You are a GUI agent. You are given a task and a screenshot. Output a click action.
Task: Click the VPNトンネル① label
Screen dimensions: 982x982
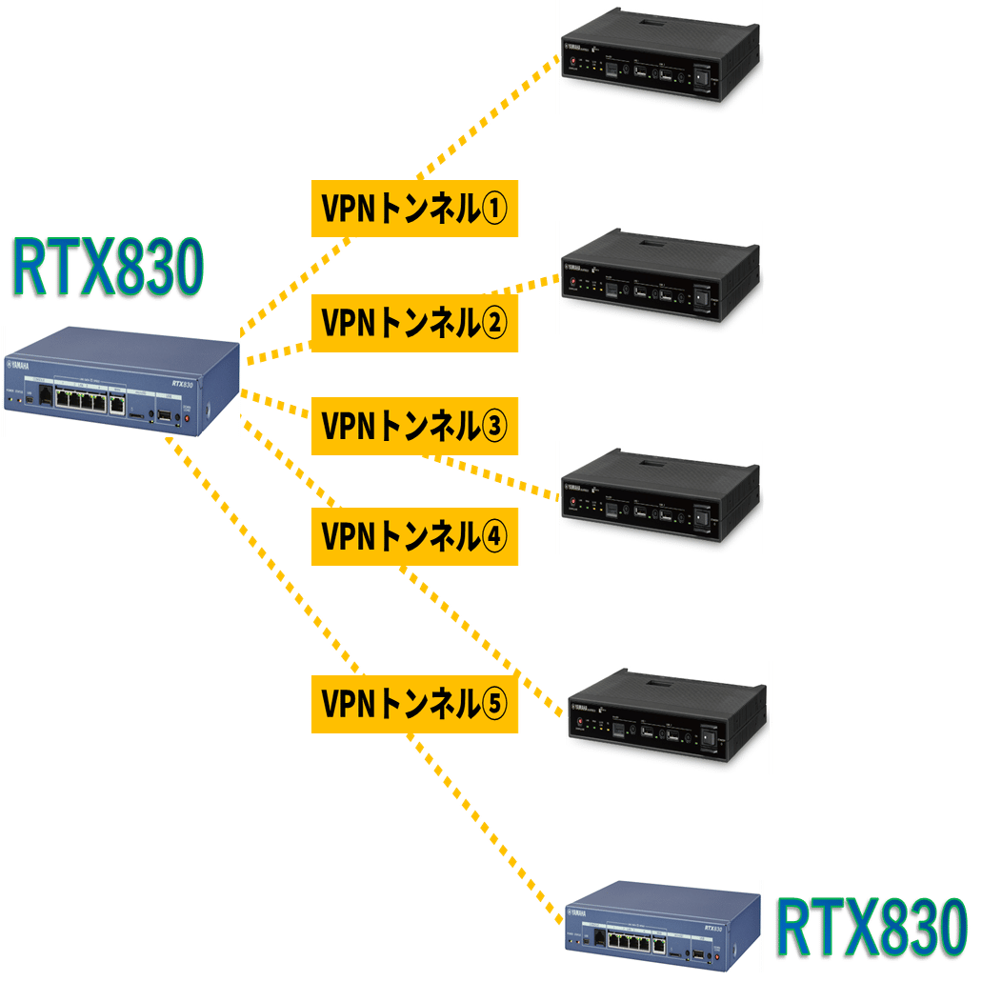coord(414,209)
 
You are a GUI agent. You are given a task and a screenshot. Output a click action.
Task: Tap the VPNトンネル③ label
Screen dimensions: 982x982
coord(414,425)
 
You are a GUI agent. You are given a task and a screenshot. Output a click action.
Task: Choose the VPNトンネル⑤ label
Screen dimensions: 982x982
coord(414,704)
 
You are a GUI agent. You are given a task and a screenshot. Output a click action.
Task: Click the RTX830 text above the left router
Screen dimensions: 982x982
coord(107,271)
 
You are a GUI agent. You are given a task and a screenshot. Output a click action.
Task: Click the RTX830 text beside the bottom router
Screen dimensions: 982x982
coord(871,928)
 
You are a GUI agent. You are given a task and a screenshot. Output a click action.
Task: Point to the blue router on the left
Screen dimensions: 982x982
coord(121,381)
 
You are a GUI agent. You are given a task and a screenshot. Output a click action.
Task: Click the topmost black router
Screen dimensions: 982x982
coord(660,57)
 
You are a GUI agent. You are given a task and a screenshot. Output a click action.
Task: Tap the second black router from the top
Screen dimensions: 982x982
coord(660,277)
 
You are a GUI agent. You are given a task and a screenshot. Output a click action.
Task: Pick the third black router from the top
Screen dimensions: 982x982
coord(660,497)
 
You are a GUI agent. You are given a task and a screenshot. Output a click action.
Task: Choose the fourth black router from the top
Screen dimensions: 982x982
coord(667,717)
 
